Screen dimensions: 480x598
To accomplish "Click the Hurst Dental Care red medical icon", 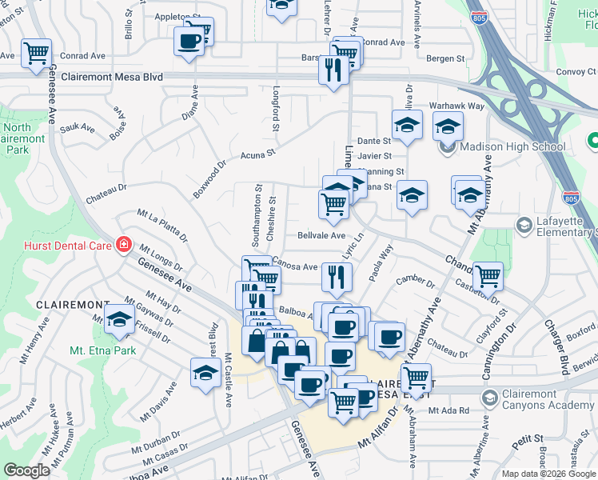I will pyautogui.click(x=123, y=245).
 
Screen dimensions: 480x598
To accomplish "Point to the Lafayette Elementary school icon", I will pyautogui.click(x=524, y=226).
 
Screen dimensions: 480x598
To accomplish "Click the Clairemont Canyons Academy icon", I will pyautogui.click(x=489, y=395).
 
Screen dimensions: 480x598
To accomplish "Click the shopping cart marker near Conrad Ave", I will pyautogui.click(x=37, y=54).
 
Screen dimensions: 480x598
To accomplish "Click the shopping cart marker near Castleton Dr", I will pyautogui.click(x=488, y=277).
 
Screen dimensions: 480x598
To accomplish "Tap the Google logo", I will pyautogui.click(x=27, y=470).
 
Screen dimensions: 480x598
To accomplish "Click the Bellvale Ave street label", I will pyautogui.click(x=321, y=236).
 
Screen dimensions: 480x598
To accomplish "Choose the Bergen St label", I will pyautogui.click(x=445, y=58).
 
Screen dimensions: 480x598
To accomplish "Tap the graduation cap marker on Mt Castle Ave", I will pyautogui.click(x=205, y=373).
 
